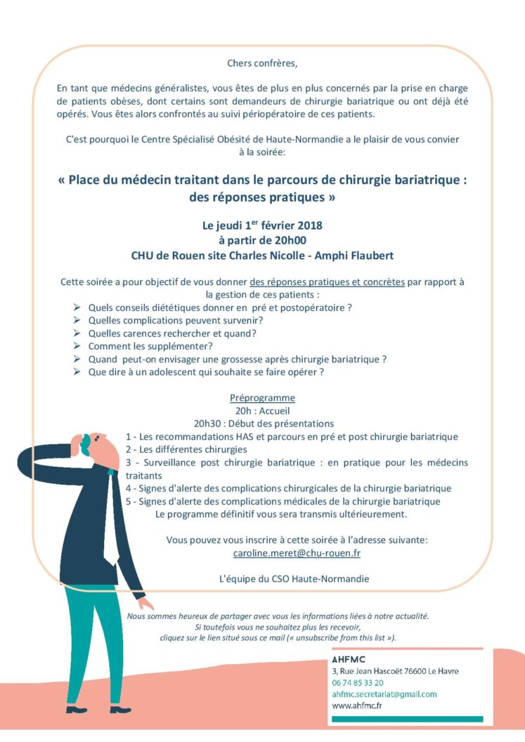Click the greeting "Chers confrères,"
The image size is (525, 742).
tap(262, 63)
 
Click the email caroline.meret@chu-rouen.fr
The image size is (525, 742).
tap(297, 553)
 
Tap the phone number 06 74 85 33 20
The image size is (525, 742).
tap(358, 682)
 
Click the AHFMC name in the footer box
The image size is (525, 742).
tap(349, 659)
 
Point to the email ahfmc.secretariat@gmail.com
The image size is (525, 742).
tap(384, 694)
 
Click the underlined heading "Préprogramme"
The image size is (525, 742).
tap(262, 398)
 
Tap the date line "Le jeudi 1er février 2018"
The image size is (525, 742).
tap(262, 226)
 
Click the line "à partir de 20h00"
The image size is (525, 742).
tap(262, 240)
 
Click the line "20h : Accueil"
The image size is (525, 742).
tap(262, 411)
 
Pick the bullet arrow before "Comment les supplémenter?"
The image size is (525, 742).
tap(77, 346)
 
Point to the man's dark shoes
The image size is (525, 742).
tap(120, 709)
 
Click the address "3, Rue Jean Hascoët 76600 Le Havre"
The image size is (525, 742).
tap(395, 671)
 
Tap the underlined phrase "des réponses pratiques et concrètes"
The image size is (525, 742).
tap(327, 282)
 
